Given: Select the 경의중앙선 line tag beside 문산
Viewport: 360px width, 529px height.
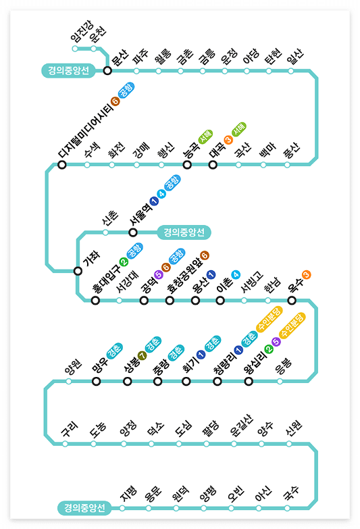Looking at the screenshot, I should [x=68, y=70].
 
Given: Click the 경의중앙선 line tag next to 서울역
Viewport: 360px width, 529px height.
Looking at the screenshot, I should [x=184, y=232].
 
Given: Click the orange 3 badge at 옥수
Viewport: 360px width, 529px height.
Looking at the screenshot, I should [x=307, y=274].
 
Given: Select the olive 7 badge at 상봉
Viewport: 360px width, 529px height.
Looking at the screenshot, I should [x=142, y=356].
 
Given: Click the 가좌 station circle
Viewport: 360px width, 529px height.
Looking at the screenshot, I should [x=78, y=271].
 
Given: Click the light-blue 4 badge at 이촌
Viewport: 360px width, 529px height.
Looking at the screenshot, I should [x=235, y=275].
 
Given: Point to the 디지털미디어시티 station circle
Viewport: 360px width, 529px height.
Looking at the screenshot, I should [x=62, y=164].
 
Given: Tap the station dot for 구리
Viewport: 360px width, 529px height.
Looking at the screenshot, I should [x=66, y=444].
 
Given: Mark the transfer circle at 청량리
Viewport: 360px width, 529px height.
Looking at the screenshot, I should [x=217, y=381].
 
